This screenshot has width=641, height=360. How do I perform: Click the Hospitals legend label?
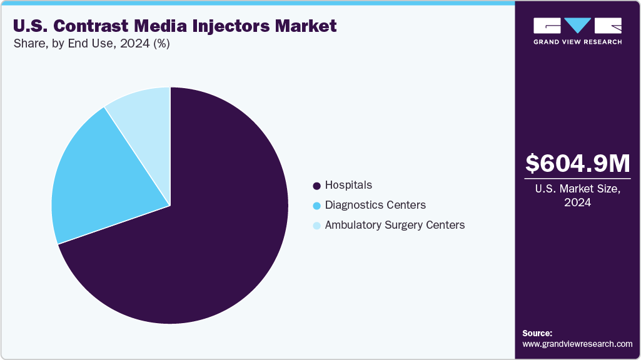(348, 185)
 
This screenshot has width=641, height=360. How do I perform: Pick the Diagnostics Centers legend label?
(375, 205)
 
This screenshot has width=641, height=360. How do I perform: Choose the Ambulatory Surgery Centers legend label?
(395, 225)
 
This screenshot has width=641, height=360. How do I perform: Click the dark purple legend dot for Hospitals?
(316, 186)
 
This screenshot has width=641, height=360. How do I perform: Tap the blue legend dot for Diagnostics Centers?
(316, 206)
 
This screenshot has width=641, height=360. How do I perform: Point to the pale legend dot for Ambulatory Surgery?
(316, 226)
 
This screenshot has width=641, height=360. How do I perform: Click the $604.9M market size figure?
(577, 163)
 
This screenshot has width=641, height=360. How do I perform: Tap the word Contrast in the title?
(82, 26)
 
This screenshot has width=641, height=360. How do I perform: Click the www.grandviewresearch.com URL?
(577, 344)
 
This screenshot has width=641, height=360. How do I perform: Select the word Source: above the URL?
(537, 333)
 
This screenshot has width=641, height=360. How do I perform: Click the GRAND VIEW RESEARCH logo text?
(577, 42)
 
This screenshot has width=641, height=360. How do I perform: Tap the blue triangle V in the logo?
(577, 26)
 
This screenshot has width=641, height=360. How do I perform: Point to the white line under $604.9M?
(577, 179)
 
